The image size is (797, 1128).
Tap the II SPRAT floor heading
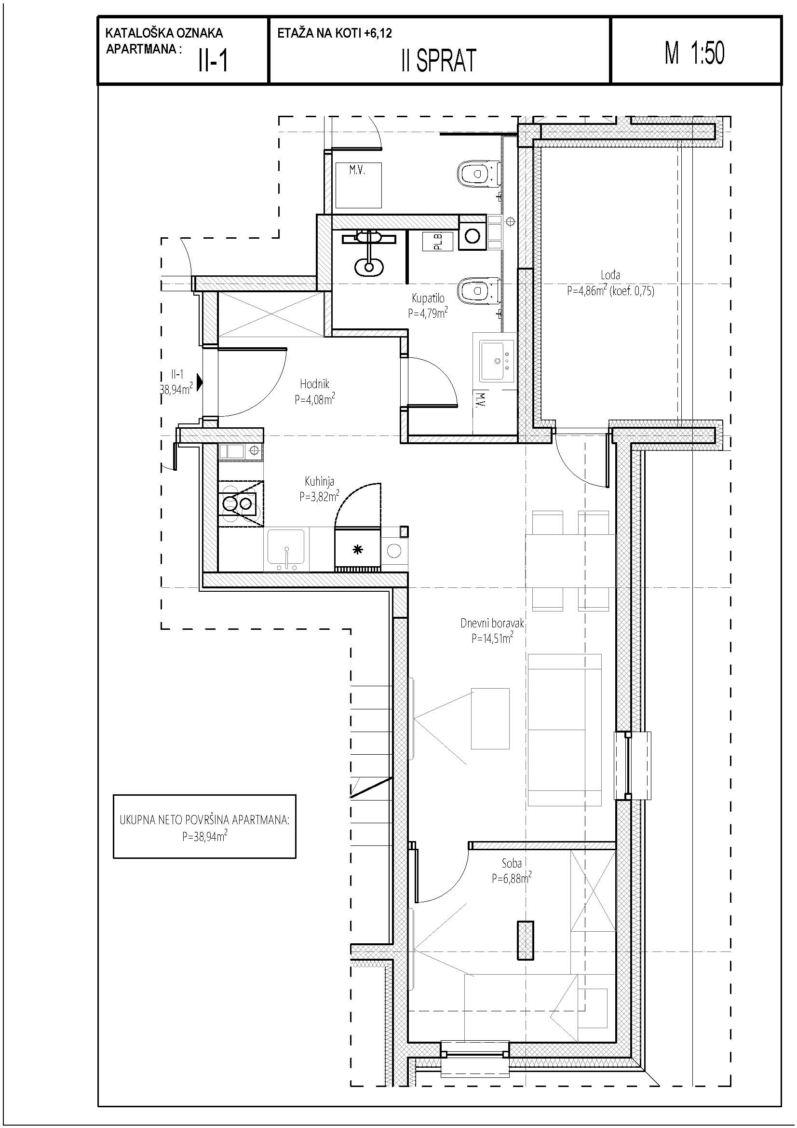coord(439,61)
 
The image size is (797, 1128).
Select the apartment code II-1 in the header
coord(213,61)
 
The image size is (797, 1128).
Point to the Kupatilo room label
coord(428,298)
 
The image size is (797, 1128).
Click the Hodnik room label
coord(314,384)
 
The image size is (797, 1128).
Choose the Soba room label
coord(511,863)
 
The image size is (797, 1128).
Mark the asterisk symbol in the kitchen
coord(358,550)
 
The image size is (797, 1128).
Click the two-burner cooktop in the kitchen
coord(239,503)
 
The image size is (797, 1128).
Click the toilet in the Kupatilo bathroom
coord(478,292)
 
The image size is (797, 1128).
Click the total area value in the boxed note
coord(205,836)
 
